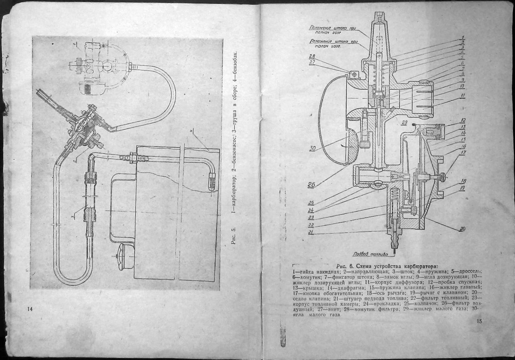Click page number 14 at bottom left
click(x=29, y=309)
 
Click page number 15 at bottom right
click(x=479, y=321)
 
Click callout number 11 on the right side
click(x=463, y=96)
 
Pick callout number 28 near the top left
click(x=312, y=56)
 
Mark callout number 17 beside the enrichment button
click(x=463, y=153)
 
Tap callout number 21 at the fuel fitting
click(x=311, y=232)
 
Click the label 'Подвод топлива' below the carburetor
click(x=370, y=254)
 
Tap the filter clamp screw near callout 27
click(x=354, y=74)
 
